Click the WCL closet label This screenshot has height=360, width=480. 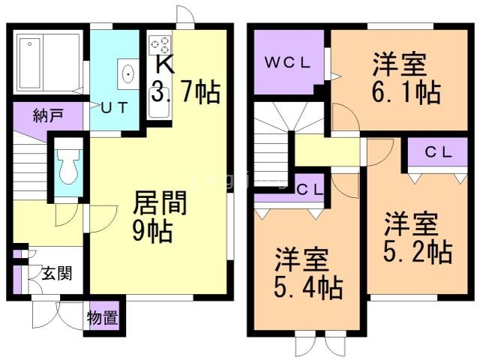[x=287, y=63]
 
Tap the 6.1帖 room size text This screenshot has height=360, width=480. [x=406, y=91]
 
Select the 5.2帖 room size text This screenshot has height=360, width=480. [x=418, y=252]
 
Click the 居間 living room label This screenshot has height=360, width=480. [x=160, y=202]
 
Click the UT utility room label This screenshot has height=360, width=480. [x=114, y=108]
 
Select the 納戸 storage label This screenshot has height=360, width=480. [x=48, y=115]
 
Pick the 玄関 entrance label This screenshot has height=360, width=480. [x=57, y=273]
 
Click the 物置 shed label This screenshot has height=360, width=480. [x=103, y=318]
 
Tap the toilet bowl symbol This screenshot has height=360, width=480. [x=68, y=166]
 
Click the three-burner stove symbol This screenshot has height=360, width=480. [x=160, y=45]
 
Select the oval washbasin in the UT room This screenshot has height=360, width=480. [x=128, y=74]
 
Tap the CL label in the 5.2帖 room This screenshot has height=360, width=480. [x=438, y=152]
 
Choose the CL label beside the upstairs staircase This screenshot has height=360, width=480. [x=310, y=190]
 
